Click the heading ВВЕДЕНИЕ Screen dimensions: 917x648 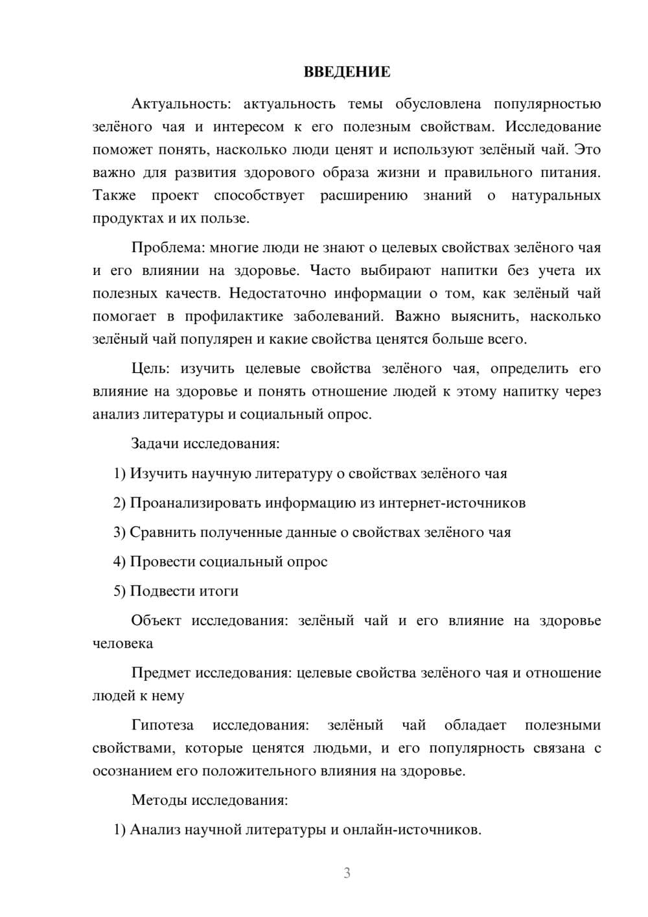click(x=347, y=72)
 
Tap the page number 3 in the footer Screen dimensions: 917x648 click(x=347, y=873)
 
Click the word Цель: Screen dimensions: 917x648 click(x=150, y=368)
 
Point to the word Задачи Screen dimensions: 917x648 click(x=156, y=444)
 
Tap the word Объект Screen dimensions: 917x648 click(x=156, y=620)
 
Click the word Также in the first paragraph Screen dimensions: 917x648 click(x=114, y=195)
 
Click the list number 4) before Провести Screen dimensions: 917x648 click(x=119, y=562)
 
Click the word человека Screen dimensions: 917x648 click(x=123, y=643)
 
